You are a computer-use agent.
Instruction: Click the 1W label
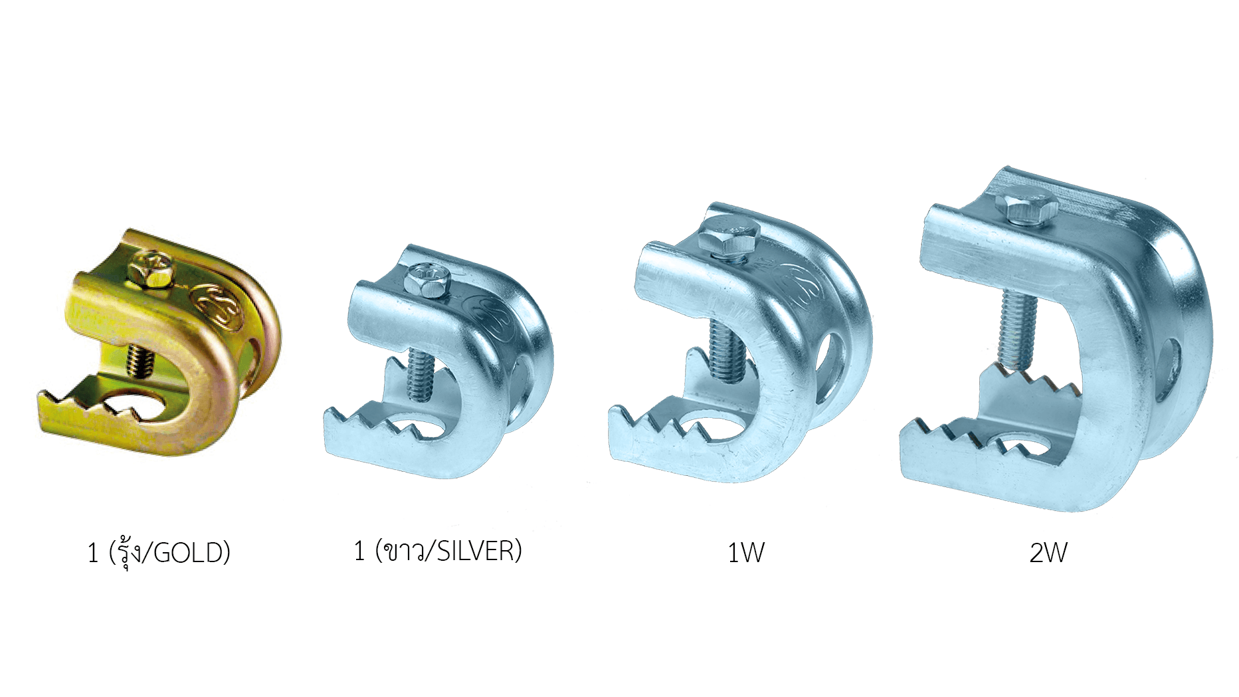(746, 553)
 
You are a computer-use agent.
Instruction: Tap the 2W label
(1048, 553)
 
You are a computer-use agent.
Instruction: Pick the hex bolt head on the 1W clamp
(729, 236)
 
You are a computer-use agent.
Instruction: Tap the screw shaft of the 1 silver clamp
(421, 377)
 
